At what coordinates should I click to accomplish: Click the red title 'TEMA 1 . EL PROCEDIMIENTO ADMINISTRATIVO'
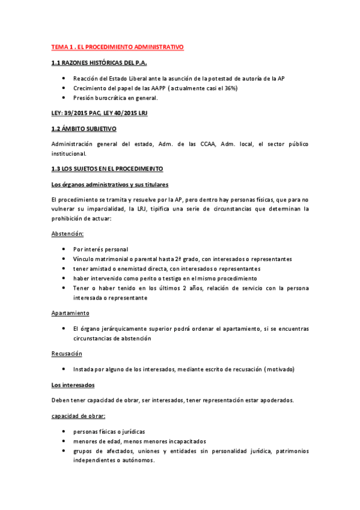(x=117, y=46)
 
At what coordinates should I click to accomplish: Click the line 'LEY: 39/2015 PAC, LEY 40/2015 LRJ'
(x=99, y=113)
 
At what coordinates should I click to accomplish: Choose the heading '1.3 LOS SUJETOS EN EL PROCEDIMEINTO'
(x=107, y=169)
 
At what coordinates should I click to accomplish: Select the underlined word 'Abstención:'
(x=67, y=233)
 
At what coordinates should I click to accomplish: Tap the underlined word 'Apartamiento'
(x=70, y=313)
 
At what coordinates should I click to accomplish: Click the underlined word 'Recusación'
(x=67, y=353)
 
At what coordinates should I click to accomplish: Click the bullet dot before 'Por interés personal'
(x=64, y=249)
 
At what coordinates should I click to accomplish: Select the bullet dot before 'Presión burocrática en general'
(x=64, y=98)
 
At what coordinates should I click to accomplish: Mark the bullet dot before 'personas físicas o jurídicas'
(x=64, y=432)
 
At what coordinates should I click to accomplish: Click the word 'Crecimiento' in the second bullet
(x=90, y=88)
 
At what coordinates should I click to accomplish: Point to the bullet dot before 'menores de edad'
(x=64, y=441)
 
